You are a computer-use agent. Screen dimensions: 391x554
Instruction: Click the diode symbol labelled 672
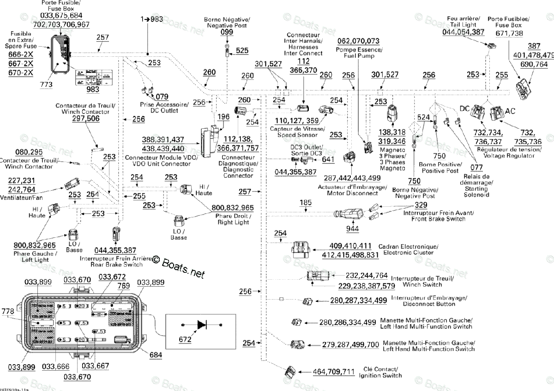pos(202,325)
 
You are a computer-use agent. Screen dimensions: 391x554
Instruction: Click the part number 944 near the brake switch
pos(352,228)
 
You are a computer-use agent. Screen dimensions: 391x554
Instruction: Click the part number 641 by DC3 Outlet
pos(328,160)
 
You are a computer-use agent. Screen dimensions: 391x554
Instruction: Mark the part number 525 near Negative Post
pos(242,50)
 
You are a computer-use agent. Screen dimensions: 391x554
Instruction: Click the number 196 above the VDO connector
pos(223,117)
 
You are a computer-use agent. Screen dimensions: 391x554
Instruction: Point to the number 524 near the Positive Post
pos(424,117)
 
